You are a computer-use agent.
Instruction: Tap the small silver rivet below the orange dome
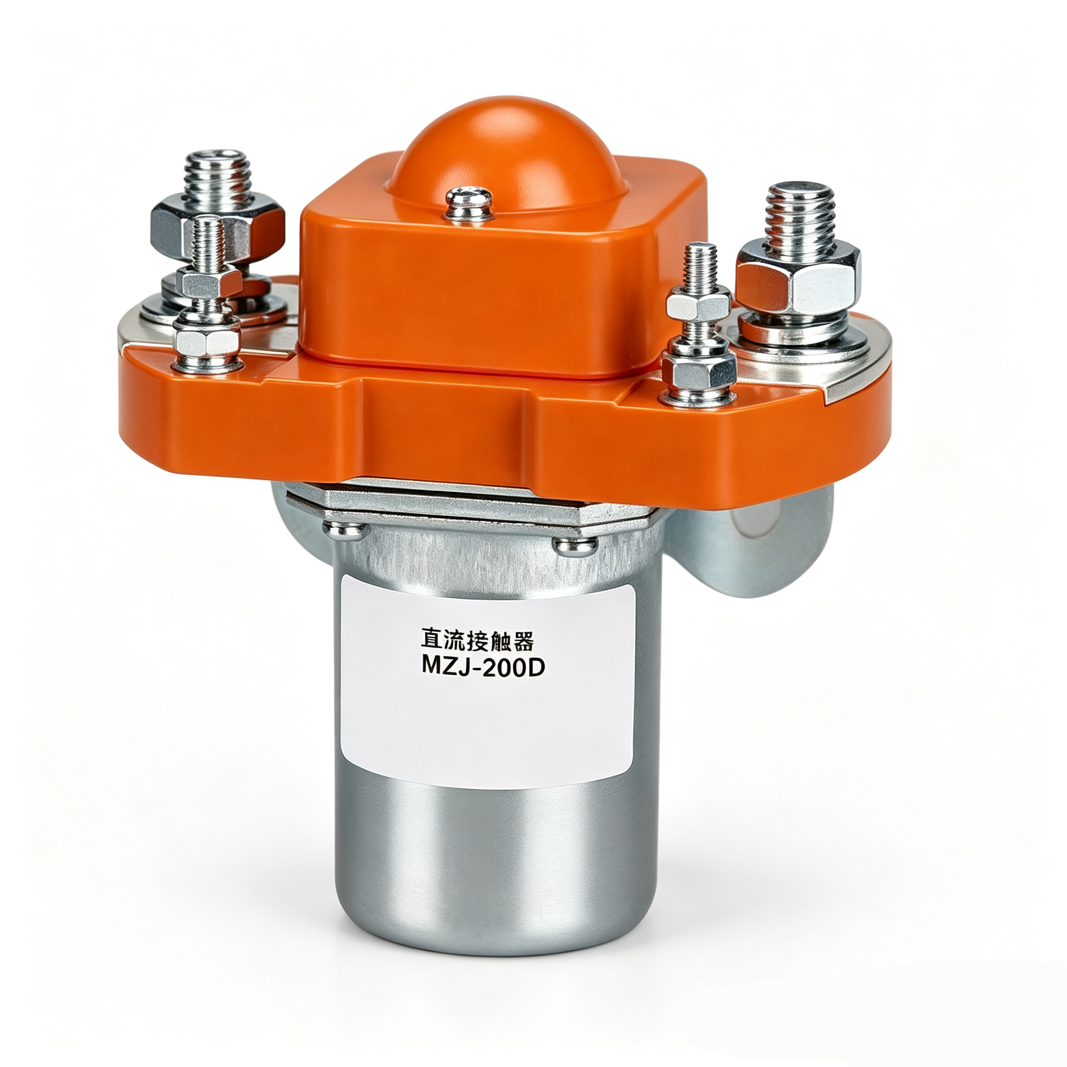(x=469, y=203)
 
